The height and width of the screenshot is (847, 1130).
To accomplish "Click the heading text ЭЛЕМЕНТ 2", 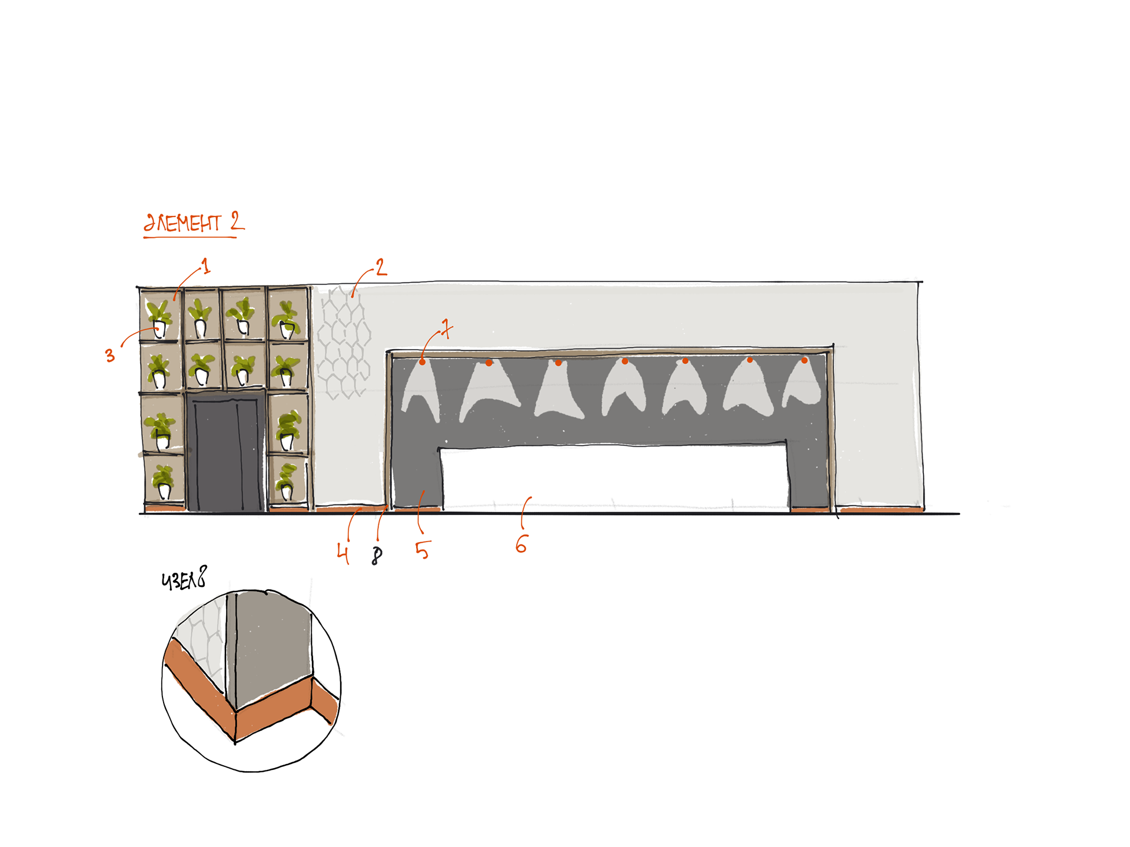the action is (x=193, y=222).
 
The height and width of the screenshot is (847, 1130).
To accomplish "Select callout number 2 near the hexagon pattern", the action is (x=381, y=268).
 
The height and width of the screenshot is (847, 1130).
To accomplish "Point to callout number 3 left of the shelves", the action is (x=110, y=355).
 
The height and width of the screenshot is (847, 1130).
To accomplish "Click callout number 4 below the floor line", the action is (x=343, y=553).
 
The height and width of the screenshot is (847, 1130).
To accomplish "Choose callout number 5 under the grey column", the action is (x=423, y=550).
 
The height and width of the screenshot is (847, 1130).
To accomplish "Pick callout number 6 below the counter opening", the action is (x=521, y=544).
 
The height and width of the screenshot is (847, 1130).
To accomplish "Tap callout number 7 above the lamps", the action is (x=446, y=328).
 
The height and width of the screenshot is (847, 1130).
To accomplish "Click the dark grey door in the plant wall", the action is (x=226, y=453).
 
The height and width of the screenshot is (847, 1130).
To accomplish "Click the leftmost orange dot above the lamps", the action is (x=422, y=361).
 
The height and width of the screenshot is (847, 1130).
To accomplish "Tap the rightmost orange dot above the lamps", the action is (x=804, y=360).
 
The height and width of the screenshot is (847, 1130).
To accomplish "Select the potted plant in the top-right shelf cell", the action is (x=287, y=320).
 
